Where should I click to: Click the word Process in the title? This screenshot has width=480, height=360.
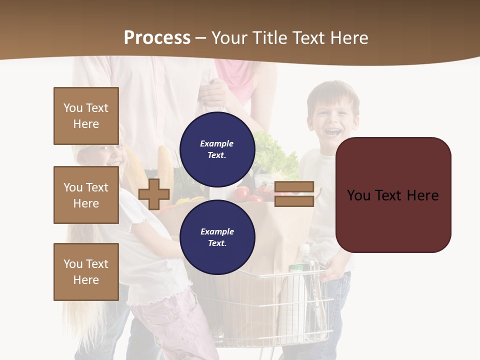pos(157,37)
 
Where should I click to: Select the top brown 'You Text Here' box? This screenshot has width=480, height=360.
pos(86,116)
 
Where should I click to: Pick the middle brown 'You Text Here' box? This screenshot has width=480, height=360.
pos(86,195)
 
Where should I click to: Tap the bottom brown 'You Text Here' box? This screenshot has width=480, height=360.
pos(86,272)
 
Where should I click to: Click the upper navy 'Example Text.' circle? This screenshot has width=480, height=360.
pos(217,149)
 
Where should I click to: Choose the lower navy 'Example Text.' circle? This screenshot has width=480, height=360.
pos(217,237)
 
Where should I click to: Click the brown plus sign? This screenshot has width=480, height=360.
pos(154,194)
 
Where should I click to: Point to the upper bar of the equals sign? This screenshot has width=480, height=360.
pos(294,187)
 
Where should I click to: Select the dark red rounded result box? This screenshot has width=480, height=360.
pos(393,195)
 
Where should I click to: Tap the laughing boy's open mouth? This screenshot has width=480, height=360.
pos(333,132)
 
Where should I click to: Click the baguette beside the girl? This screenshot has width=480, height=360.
pos(164,160)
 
